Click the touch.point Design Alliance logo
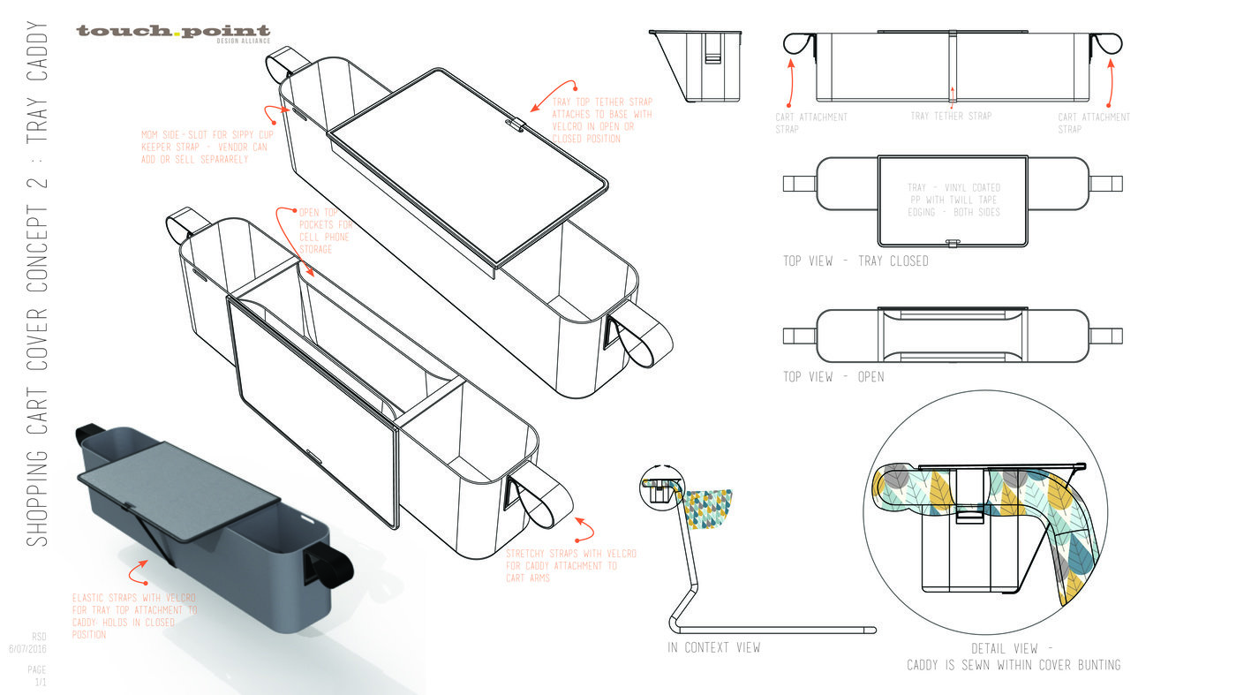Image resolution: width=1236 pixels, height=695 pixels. pos(173,34)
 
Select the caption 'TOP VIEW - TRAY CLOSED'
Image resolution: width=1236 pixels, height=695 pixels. pos(855,261)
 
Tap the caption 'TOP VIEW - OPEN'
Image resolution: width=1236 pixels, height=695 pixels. pos(833,377)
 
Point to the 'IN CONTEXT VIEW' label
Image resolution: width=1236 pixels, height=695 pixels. pos(713,648)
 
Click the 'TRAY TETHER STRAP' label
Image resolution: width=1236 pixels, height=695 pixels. pos(951,117)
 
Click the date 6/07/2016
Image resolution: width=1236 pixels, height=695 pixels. pos(27,649)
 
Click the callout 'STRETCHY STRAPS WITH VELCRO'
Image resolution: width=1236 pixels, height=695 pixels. pos(570,565)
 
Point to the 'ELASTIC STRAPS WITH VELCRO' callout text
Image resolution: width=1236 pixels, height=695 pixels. pos(134,616)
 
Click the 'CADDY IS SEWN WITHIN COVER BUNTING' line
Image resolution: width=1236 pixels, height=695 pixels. pos(1014,665)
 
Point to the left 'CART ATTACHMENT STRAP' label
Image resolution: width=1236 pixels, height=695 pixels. pos(811,123)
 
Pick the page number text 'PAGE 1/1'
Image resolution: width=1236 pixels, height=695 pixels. pos(37,676)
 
